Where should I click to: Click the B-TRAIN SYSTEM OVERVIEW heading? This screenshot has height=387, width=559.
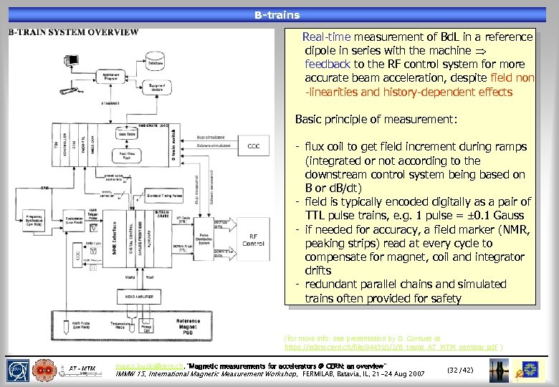tap(73, 32)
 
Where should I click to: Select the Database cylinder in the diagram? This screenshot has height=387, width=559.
tap(156, 62)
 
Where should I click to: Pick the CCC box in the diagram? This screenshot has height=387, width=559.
tap(253, 146)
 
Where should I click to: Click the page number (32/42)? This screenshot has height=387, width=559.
tap(459, 370)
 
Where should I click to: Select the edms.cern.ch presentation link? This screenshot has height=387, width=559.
tap(393, 346)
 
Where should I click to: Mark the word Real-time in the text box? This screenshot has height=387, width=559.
tap(325, 37)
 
